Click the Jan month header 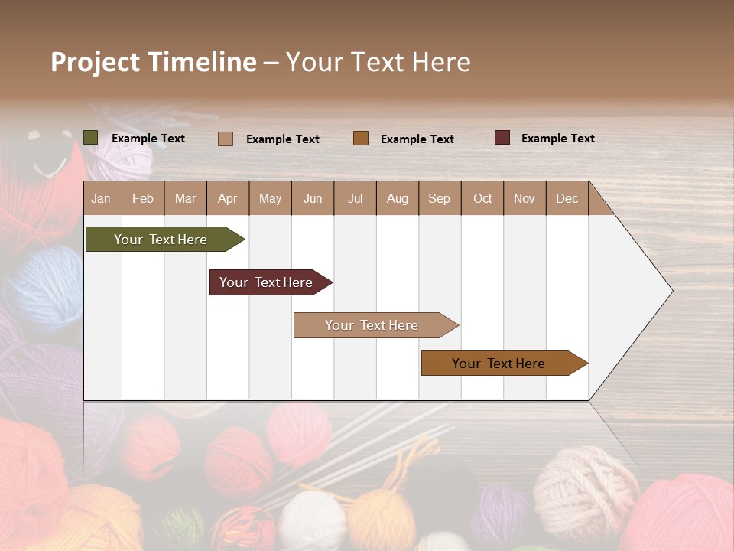(x=102, y=198)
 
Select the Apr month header (x=228, y=198)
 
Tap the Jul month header (x=355, y=198)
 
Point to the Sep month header (x=439, y=198)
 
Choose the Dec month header (x=567, y=198)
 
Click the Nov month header (x=525, y=198)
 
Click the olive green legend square (x=91, y=138)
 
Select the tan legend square (x=226, y=139)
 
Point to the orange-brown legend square (x=361, y=139)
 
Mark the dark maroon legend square (x=502, y=138)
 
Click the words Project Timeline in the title (x=153, y=62)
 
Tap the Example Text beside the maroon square (x=557, y=139)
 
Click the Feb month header (x=143, y=198)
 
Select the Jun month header (x=313, y=198)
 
